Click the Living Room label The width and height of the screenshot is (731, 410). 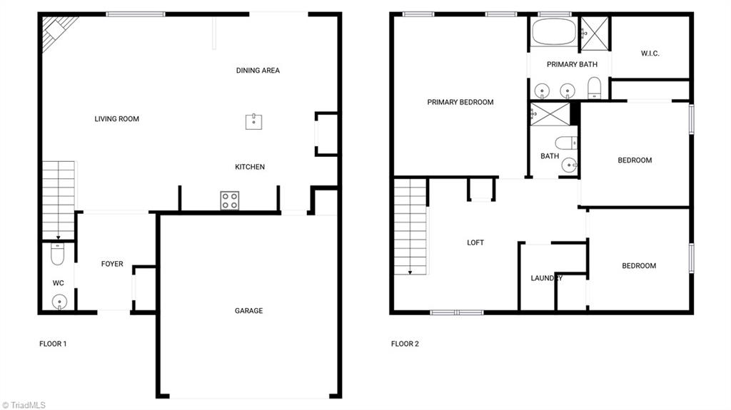(116, 119)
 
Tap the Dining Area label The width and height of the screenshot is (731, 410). (258, 71)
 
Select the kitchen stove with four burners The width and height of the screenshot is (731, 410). (229, 200)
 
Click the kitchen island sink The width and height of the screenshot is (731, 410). (253, 121)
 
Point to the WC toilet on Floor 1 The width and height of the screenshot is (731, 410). (58, 254)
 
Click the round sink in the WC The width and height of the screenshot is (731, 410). (59, 302)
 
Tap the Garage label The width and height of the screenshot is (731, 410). (248, 311)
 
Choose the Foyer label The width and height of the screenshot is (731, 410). (112, 264)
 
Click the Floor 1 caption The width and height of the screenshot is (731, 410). (53, 344)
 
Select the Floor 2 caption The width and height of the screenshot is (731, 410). (405, 344)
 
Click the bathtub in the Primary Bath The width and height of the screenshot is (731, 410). (554, 32)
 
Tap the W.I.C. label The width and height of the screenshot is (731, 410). (650, 53)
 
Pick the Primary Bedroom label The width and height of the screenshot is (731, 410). (460, 102)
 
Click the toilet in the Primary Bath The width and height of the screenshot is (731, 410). (595, 88)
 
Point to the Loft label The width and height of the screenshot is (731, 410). (475, 242)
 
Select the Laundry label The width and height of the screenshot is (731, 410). (547, 278)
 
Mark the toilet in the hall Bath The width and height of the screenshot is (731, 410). (565, 143)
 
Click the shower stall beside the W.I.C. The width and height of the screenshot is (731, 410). (593, 32)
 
